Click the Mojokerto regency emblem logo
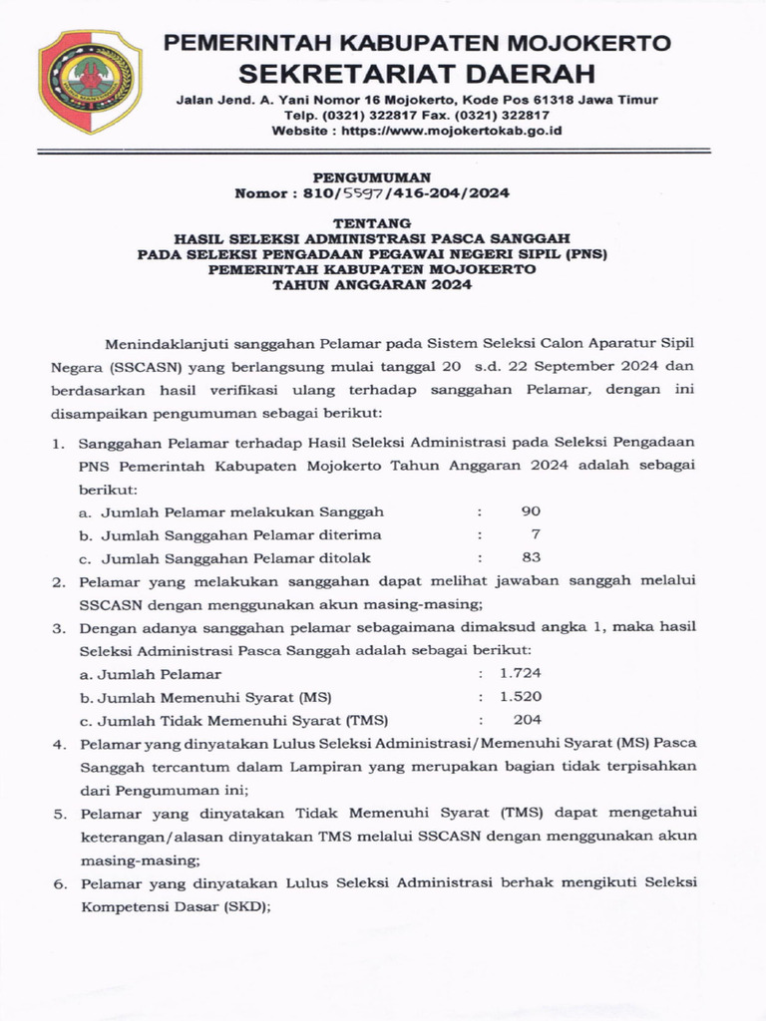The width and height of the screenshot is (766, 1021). [x=91, y=82]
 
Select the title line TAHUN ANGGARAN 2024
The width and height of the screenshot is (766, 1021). [x=373, y=284]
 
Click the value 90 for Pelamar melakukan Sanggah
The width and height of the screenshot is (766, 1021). [x=531, y=511]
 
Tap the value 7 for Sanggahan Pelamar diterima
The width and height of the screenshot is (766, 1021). [x=536, y=534]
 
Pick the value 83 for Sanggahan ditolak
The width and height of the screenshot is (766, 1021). [x=531, y=557]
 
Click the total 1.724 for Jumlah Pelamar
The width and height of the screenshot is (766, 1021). [x=521, y=674]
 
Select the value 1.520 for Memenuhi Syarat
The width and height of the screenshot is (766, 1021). [x=521, y=697]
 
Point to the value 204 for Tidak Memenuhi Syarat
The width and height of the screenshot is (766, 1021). [x=528, y=720]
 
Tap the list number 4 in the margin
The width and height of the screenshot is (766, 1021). [x=59, y=744]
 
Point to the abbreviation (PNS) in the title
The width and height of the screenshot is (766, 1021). [x=585, y=253]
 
